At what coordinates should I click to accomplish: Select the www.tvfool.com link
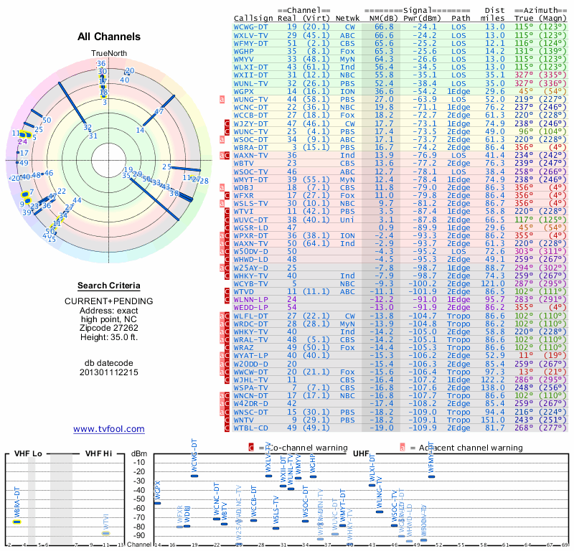(109, 429)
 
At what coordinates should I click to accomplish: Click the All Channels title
(109, 36)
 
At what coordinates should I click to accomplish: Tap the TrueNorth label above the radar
(108, 54)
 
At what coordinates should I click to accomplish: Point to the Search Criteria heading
(109, 286)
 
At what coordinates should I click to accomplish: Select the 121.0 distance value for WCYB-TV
(494, 283)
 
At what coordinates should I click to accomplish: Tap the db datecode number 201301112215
(109, 372)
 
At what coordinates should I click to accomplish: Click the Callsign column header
(253, 17)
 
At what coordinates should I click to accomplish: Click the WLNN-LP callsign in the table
(250, 299)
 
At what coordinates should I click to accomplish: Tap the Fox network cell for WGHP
(347, 52)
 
